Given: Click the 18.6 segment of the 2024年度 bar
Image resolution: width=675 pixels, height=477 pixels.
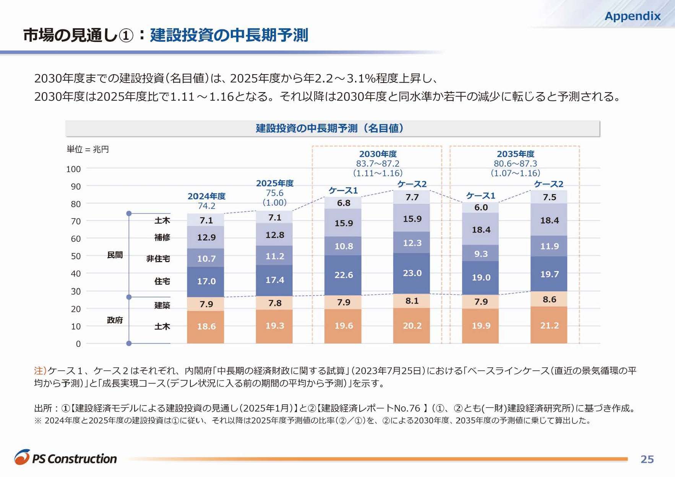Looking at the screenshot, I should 206,326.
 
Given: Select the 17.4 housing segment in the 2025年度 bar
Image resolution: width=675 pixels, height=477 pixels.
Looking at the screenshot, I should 274,280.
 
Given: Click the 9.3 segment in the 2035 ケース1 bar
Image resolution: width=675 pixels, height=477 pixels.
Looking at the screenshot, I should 480,254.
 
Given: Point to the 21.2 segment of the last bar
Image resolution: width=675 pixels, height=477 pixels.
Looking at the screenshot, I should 549,326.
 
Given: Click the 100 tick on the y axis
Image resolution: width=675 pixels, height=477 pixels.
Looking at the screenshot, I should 73,169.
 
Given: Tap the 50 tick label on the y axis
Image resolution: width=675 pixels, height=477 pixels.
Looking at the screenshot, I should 76,256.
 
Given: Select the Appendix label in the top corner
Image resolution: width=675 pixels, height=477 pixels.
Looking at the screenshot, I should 632,16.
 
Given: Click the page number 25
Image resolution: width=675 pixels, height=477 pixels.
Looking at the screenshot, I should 647,459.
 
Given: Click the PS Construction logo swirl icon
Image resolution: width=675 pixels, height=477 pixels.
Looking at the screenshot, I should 22,457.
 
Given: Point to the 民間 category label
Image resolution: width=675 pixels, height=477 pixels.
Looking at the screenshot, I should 115,255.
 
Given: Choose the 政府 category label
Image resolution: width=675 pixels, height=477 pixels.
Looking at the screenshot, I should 115,320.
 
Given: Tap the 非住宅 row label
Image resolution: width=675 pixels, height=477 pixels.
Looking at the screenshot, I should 158,259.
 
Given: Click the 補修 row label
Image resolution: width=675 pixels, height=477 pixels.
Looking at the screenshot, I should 162,237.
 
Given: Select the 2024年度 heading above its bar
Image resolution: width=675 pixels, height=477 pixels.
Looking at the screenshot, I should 206,196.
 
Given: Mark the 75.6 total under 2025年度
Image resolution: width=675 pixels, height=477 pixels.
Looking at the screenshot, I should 274,193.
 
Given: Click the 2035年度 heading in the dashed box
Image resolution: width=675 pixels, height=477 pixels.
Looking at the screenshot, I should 515,154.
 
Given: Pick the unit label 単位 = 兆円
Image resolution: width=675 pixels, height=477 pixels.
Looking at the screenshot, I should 88,149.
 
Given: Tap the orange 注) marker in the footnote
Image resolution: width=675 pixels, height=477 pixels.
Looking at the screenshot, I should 40,371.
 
